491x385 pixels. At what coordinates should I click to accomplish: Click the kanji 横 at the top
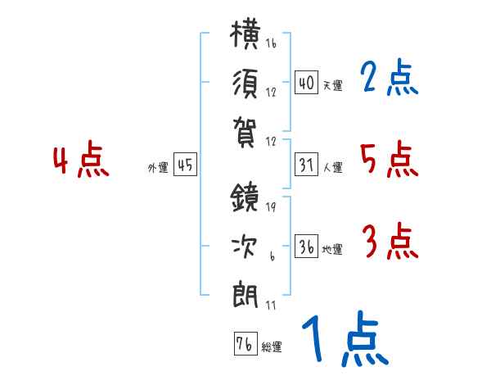(245, 34)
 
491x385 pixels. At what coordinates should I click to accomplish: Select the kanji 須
(245, 84)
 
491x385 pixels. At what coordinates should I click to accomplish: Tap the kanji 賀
(244, 133)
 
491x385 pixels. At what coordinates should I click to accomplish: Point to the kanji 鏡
(245, 197)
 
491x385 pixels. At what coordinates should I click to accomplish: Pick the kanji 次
(245, 247)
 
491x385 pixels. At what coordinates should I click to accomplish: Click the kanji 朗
(245, 295)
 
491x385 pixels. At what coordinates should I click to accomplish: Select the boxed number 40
(306, 83)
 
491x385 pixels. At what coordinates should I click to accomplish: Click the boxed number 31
(306, 165)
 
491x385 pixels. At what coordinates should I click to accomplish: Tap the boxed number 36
(306, 246)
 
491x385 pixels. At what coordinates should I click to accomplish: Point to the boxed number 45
(185, 165)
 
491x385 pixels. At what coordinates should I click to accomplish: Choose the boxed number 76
(245, 343)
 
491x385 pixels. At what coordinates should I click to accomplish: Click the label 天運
(333, 85)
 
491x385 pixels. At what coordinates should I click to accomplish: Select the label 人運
(333, 167)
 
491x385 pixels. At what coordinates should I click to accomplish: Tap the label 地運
(332, 249)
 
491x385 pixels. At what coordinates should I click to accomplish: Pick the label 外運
(158, 168)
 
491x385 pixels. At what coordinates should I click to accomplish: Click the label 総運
(272, 346)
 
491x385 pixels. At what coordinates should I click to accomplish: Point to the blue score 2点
(389, 77)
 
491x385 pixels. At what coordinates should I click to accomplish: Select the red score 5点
(390, 159)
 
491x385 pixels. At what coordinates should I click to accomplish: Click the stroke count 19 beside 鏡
(271, 206)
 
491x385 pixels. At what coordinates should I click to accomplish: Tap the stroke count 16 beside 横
(271, 43)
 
